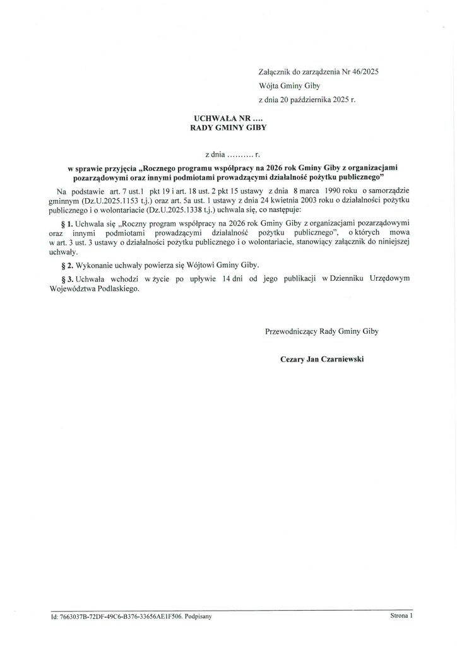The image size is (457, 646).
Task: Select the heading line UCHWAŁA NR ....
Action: pyautogui.click(x=224, y=118)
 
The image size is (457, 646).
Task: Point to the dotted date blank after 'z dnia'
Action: pyautogui.click(x=240, y=154)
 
